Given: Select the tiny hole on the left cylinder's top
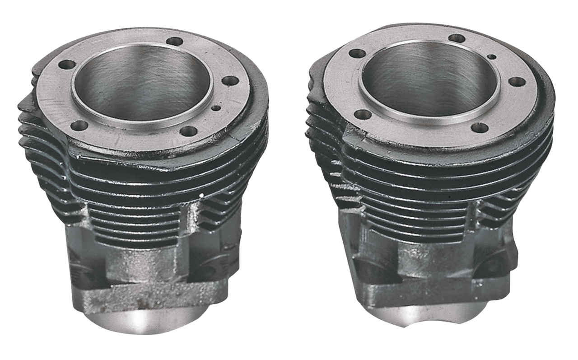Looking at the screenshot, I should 218,108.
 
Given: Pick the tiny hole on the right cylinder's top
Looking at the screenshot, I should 492,57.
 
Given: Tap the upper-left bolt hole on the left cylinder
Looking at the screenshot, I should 66,65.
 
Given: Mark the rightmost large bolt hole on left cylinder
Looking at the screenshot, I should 231,81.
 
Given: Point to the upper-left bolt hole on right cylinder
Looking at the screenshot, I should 357,53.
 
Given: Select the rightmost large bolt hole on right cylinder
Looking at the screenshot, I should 517,82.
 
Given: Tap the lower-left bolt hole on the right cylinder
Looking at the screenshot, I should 362,114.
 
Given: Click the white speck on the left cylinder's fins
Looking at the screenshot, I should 200,195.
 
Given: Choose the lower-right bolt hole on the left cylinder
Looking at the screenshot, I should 188,131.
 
